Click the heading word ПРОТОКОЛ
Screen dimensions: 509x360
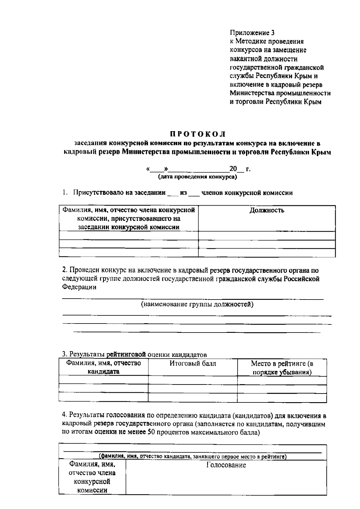click(198, 134)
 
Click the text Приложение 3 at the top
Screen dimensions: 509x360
click(252, 33)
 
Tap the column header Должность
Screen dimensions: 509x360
click(267, 210)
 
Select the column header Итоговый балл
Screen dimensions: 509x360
click(193, 364)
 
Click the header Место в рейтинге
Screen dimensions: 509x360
click(282, 364)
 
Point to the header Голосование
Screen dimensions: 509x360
click(226, 465)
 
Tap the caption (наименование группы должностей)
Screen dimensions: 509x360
click(197, 305)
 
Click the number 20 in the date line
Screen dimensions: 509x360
click(233, 169)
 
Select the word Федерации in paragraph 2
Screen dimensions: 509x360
click(79, 287)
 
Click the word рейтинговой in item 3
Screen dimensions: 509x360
click(126, 354)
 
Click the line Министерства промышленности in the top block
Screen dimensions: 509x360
click(280, 93)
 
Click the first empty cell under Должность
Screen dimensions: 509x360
click(267, 236)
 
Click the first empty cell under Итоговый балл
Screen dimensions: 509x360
click(193, 380)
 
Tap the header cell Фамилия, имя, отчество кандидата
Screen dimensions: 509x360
click(103, 367)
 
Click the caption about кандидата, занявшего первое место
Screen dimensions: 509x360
click(193, 457)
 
